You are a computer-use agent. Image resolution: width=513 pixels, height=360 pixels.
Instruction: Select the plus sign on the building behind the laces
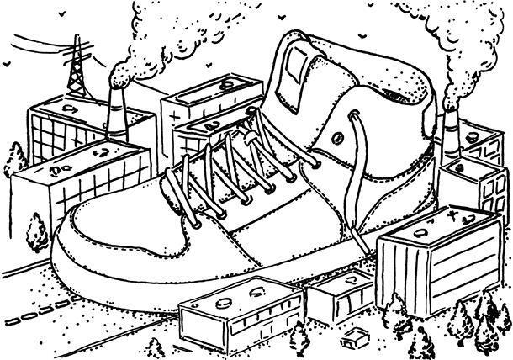click(175, 113)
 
